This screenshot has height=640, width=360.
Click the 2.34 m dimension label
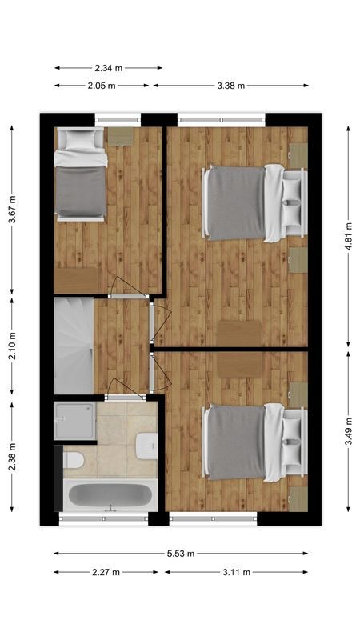coord(108,68)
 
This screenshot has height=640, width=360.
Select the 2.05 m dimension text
coord(102,85)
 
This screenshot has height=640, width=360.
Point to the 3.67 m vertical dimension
coord(11,210)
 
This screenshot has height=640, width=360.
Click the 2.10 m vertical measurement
coord(11,347)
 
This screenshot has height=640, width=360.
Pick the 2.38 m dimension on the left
coord(11,458)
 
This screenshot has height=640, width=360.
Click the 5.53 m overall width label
coord(180,553)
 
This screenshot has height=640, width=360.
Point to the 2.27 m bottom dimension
coord(106,572)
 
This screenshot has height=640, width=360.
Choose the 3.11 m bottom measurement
coord(236,572)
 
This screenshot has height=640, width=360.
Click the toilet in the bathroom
coord(73,461)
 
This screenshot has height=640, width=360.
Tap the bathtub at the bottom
coord(110,496)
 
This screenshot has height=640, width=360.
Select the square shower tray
coord(75,420)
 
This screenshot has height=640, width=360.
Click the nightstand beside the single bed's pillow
coord(121,136)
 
